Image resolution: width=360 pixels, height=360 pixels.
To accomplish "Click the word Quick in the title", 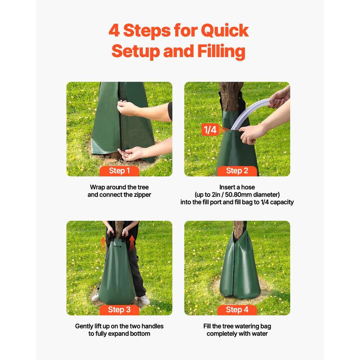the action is pos(225,31).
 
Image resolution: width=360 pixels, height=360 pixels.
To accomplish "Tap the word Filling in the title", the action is pos(221,51).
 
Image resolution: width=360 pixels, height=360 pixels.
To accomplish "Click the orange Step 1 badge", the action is pos(119,171).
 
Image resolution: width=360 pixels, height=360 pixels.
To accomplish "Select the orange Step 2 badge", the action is pos(237,171).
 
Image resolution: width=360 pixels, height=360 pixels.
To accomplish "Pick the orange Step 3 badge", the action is pos(119,310).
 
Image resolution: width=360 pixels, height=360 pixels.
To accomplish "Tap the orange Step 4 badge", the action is pos(237,310).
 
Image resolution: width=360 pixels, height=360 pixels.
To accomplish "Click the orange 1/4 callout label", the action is pos(210,130).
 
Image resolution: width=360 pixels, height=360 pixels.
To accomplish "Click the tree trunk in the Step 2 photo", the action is pos(230,96).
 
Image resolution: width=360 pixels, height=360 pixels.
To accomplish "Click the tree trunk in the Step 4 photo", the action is pos(238,229).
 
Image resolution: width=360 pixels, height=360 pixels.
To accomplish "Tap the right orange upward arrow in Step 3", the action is pos(132,244).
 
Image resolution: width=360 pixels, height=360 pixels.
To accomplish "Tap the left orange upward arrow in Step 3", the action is pos(103,244).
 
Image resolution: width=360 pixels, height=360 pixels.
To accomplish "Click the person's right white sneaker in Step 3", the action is pos(145,300).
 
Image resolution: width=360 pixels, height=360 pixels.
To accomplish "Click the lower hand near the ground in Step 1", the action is pos(130,153).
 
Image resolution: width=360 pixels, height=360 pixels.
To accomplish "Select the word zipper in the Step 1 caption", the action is pos(142,195).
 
